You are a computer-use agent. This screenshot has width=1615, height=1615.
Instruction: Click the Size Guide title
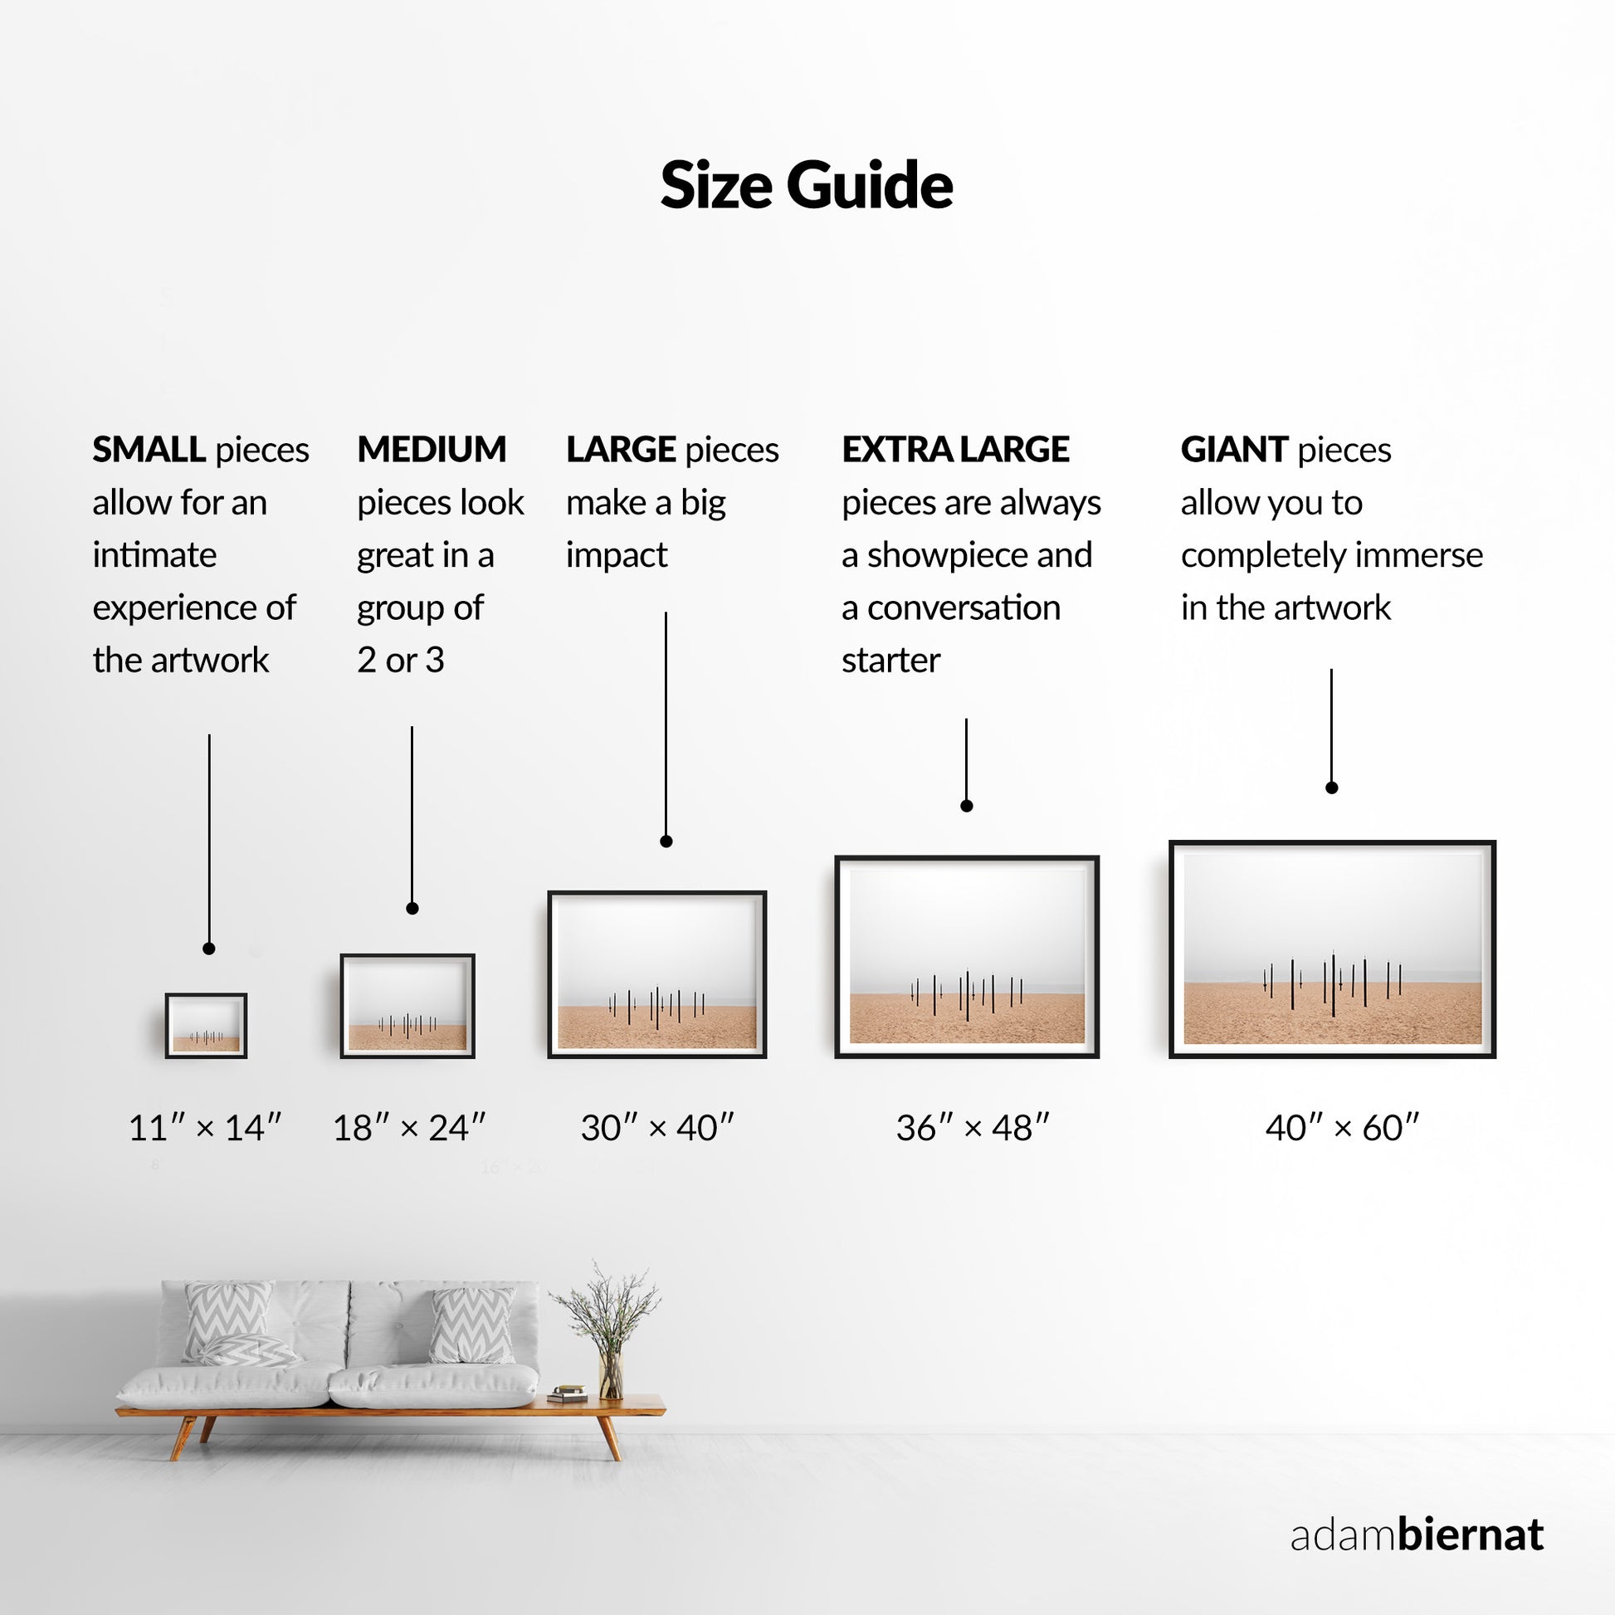[x=807, y=186]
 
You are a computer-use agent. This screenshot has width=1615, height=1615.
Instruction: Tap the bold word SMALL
[x=149, y=450]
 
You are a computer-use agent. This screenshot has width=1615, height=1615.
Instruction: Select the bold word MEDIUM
[x=432, y=450]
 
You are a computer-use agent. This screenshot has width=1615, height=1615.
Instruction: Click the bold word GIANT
[x=1234, y=450]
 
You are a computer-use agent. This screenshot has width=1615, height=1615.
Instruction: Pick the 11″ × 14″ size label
[x=205, y=1128]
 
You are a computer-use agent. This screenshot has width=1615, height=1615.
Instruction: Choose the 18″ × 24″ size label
[x=409, y=1128]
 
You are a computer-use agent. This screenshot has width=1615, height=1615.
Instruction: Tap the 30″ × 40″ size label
[x=657, y=1128]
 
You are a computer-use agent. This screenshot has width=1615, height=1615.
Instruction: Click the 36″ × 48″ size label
[x=972, y=1128]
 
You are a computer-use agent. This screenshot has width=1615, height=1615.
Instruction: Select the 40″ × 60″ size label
[x=1343, y=1128]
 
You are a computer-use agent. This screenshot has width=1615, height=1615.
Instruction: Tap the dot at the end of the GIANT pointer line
[x=1332, y=788]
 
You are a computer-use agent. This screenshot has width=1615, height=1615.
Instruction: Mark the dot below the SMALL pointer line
[x=209, y=949]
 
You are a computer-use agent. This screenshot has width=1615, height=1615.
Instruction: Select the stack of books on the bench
[x=568, y=1393]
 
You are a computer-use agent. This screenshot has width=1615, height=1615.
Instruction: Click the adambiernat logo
[x=1417, y=1534]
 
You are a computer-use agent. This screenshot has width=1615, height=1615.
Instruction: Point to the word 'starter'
[x=891, y=661]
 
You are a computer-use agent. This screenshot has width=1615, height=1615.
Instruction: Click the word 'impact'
[x=617, y=556]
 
